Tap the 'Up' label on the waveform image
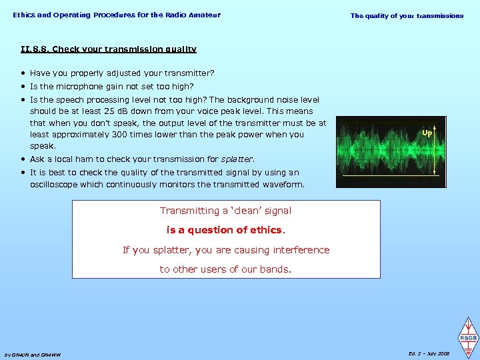427,133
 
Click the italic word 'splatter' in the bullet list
238,159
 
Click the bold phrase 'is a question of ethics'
225,231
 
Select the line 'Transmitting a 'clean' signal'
225,211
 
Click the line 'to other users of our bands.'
225,269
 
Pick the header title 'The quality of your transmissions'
407,16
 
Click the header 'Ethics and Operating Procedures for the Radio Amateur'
116,15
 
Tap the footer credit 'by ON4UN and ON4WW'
32,355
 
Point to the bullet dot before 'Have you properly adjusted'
23,73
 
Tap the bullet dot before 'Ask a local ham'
23,159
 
